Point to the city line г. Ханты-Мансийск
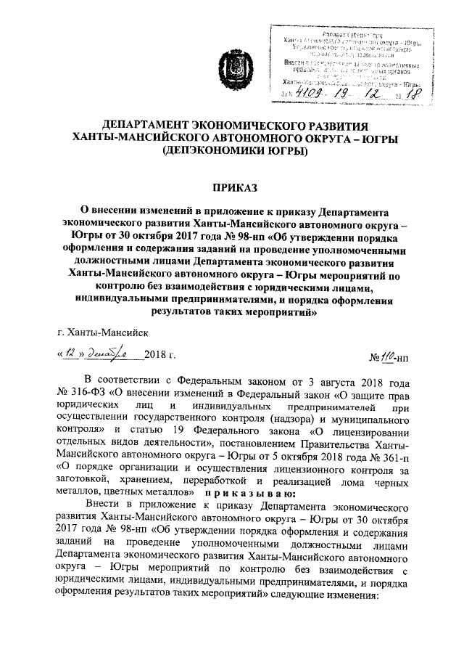click(104, 332)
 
